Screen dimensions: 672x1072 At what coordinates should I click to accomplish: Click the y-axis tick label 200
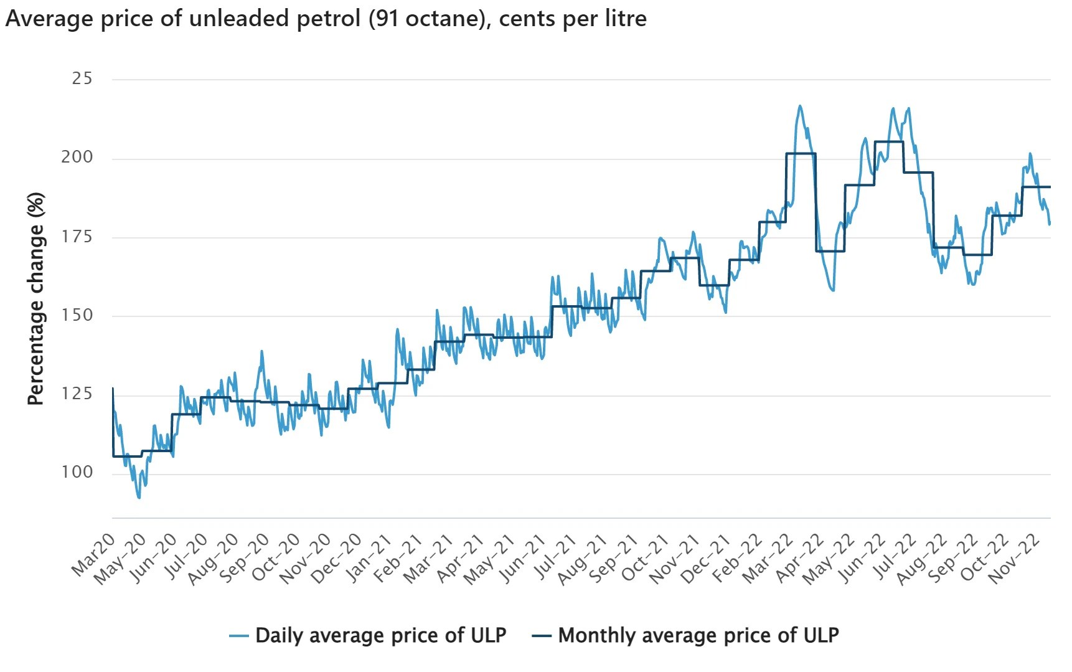coord(77,157)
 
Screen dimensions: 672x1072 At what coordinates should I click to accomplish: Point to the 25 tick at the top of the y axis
coord(82,78)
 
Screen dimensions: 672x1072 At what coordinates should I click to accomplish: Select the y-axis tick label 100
coord(77,472)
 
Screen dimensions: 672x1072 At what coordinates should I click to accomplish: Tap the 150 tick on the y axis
coord(77,315)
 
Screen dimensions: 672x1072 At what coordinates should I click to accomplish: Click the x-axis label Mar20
coord(94,555)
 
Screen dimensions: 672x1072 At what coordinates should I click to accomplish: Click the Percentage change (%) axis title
coord(36,299)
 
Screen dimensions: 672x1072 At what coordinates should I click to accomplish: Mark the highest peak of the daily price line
coord(800,106)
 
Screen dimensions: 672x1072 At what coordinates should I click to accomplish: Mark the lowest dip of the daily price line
coord(139,498)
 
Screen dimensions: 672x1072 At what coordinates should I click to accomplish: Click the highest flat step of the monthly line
coord(889,142)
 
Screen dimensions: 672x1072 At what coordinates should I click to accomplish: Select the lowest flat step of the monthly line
coord(128,457)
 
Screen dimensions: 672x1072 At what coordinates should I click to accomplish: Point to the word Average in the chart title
coord(47,19)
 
